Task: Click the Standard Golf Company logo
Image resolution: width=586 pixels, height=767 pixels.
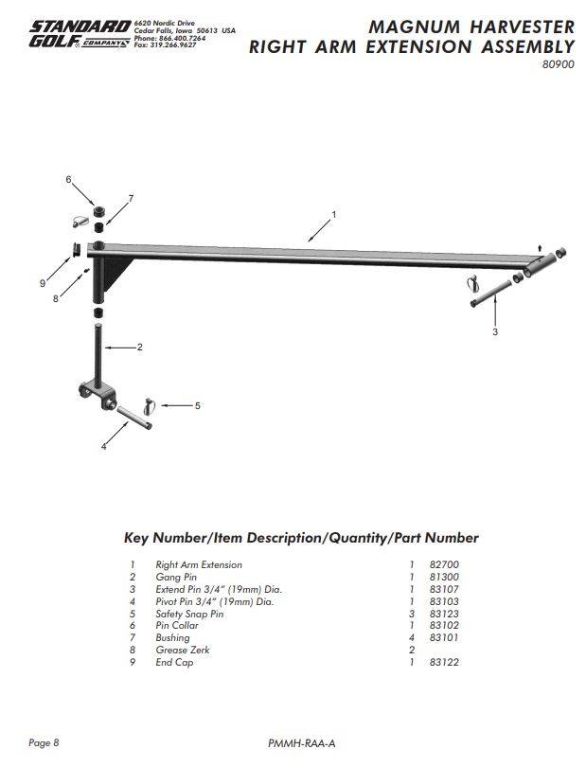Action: (79, 35)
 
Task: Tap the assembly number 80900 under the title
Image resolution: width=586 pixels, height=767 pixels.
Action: (558, 65)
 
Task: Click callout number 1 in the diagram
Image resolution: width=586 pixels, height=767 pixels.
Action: (333, 214)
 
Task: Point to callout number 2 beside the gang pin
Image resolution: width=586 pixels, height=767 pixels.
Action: (139, 348)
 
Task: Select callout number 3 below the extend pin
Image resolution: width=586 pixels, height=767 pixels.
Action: (494, 332)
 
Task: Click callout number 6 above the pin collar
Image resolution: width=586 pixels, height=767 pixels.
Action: (68, 179)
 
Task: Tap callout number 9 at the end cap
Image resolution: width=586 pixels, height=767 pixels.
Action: (43, 282)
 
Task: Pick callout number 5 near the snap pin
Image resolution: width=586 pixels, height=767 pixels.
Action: (197, 405)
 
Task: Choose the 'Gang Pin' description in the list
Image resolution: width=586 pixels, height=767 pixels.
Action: (176, 577)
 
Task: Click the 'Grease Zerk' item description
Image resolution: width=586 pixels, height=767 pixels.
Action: (183, 650)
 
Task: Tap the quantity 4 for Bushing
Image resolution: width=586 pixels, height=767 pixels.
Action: (412, 638)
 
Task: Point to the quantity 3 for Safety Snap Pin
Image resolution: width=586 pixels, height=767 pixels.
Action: (412, 614)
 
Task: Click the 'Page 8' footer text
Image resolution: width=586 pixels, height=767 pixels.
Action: (44, 742)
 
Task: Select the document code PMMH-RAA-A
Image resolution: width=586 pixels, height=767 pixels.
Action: (301, 743)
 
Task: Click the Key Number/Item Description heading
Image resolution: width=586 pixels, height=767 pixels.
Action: (301, 538)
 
